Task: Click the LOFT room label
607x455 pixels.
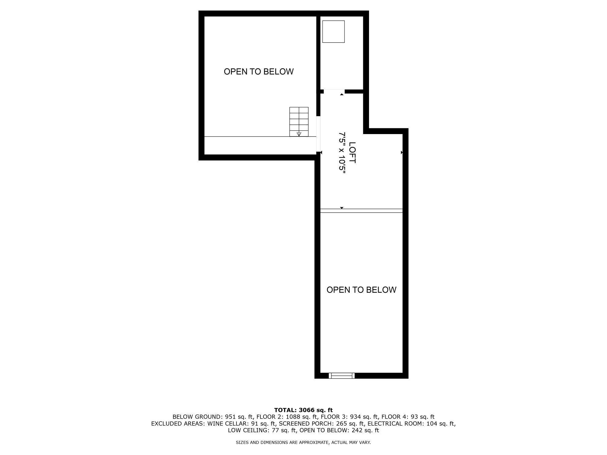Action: pyautogui.click(x=352, y=153)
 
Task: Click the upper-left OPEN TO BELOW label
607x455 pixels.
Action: pyautogui.click(x=259, y=72)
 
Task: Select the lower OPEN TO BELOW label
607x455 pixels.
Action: pyautogui.click(x=361, y=290)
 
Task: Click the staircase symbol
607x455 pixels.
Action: pyautogui.click(x=299, y=122)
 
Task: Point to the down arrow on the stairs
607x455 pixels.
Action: pyautogui.click(x=299, y=134)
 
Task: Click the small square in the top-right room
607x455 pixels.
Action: pyautogui.click(x=333, y=32)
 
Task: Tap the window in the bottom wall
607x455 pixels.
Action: pyautogui.click(x=342, y=376)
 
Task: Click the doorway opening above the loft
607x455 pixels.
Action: pyautogui.click(x=334, y=91)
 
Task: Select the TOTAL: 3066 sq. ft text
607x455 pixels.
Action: pyautogui.click(x=303, y=410)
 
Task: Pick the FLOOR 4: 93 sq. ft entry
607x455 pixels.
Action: pyautogui.click(x=408, y=417)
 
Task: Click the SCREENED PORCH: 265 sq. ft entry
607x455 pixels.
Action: pyautogui.click(x=321, y=423)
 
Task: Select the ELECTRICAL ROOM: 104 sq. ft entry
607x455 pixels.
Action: pyautogui.click(x=411, y=423)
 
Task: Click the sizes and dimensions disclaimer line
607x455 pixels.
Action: pyautogui.click(x=303, y=443)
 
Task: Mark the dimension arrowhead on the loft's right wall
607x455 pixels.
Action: pyautogui.click(x=402, y=152)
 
